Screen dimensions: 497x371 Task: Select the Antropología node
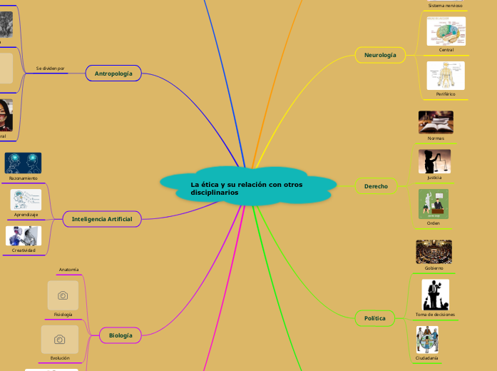coord(113,73)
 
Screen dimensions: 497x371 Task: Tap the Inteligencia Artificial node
coord(102,219)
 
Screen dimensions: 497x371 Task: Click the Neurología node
coord(380,55)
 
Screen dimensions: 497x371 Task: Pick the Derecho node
coord(376,186)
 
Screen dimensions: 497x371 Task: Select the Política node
coord(375,318)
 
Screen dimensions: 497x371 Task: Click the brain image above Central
coord(446,31)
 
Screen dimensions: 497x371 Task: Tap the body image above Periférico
coord(446,76)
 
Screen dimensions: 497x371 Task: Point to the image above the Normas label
coord(436,122)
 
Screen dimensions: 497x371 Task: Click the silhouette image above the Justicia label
coord(434,161)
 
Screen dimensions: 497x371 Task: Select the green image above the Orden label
coord(434,204)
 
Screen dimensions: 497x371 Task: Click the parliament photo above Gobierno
coord(434,251)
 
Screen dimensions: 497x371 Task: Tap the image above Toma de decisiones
coord(435,295)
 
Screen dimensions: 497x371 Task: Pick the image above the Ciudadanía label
coord(427,340)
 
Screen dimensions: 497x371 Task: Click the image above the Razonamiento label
coord(23,163)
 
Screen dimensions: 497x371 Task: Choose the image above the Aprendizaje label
coord(26,200)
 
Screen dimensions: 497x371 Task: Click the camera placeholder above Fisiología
coord(63,295)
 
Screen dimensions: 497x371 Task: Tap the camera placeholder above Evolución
coord(60,340)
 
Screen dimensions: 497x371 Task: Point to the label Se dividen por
coord(50,68)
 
